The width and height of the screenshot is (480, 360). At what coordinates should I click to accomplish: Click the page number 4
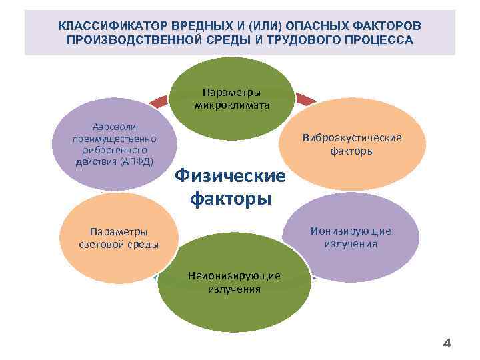tap(447, 344)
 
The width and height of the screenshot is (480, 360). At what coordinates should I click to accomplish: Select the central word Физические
tap(229, 177)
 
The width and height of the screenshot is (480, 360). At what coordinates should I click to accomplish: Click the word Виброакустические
tap(351, 138)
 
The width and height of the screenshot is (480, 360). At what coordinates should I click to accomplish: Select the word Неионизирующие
tap(234, 275)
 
